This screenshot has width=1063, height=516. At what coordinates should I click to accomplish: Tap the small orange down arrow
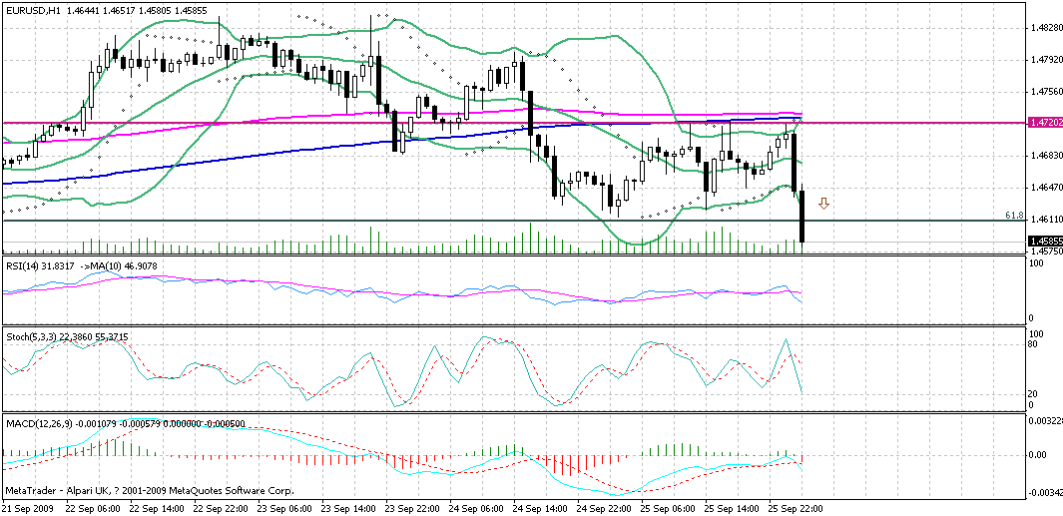pos(823,204)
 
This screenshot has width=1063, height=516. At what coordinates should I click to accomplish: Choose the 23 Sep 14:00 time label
pos(350,508)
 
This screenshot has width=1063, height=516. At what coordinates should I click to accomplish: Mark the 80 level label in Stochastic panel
pos(1034,344)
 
